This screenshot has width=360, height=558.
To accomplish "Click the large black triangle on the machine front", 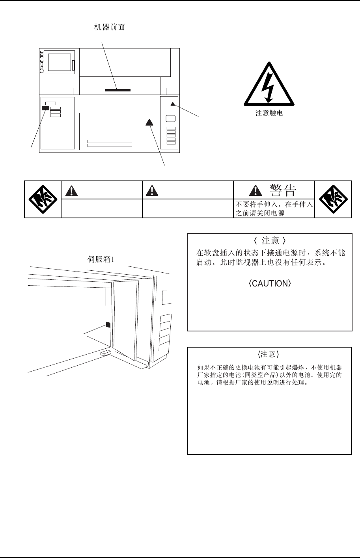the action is coord(149,122).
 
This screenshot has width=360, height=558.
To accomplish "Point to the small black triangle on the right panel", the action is coord(172,104).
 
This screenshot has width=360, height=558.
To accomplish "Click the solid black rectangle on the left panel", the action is coord(45,108).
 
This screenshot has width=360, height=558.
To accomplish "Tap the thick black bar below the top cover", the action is coord(118,90).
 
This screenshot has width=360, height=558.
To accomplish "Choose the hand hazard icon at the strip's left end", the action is coord(43,199).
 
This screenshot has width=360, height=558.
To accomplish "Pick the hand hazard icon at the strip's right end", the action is coord(333,199).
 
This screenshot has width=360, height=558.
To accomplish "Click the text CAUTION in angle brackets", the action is coord(270,284).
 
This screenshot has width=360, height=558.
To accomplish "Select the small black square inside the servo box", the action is coord(108,325).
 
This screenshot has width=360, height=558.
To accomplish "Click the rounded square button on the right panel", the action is coord(171,119).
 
